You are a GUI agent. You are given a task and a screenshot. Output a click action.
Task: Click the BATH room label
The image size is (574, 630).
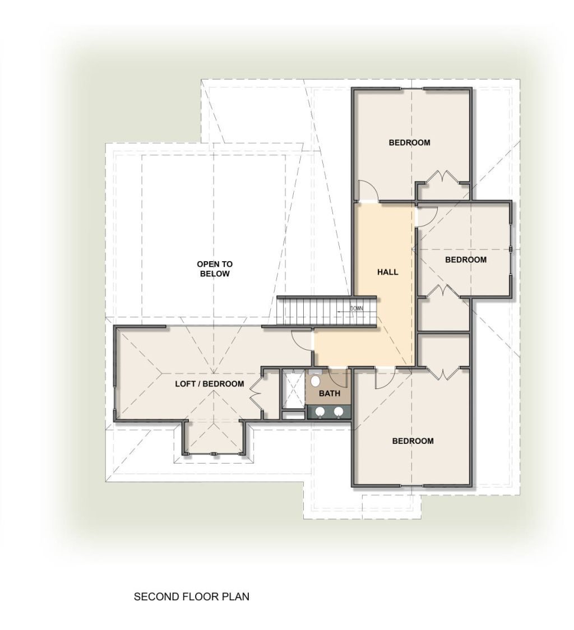[x=330, y=393]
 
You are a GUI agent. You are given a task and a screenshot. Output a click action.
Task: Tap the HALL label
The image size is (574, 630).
[x=387, y=272]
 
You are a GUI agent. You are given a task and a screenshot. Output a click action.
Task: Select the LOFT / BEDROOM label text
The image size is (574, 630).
[x=210, y=384]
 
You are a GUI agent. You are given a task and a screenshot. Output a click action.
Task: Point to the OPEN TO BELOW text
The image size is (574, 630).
[x=215, y=269]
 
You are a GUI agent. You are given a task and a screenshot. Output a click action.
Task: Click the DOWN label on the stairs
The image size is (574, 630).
[x=356, y=308]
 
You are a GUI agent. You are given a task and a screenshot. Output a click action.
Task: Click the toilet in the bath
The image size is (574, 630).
[x=316, y=379]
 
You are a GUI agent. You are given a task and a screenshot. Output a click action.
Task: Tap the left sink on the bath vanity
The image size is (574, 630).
[x=320, y=411]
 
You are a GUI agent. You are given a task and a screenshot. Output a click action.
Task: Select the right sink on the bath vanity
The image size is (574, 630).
[x=339, y=411]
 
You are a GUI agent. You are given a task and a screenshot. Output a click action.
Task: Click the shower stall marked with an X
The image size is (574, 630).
[x=293, y=388]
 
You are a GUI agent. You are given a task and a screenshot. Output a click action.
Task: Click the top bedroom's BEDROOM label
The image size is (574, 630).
[x=409, y=142]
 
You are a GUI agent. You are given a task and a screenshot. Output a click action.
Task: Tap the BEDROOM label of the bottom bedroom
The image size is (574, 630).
[x=413, y=441]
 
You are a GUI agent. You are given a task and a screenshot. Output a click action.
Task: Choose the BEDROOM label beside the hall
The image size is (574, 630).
[x=465, y=260]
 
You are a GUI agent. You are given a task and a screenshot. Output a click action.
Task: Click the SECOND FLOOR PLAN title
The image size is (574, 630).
[x=191, y=597]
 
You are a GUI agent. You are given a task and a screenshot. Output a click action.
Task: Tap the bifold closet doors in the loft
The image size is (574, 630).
[x=256, y=393]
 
